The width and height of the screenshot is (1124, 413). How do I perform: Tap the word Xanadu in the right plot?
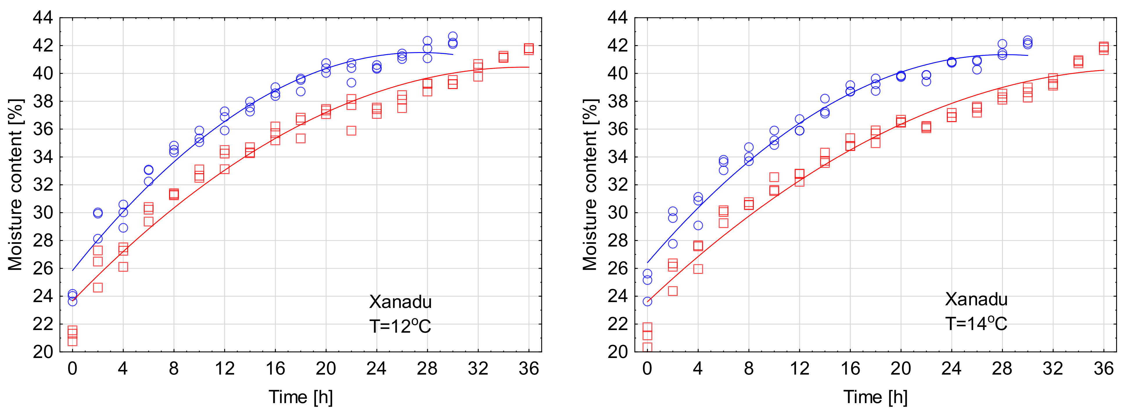click(976, 299)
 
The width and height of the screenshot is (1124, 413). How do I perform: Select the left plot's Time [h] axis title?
click(301, 397)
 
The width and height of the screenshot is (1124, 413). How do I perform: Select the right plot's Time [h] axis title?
click(875, 397)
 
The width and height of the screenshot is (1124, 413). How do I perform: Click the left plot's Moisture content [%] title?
click(15, 185)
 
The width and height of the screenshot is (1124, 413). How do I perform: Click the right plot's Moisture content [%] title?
click(590, 185)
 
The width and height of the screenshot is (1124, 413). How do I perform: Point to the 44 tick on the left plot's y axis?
click(43, 18)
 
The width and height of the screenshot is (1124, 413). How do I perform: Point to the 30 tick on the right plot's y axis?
click(617, 213)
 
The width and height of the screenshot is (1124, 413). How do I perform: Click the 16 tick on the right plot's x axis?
click(850, 369)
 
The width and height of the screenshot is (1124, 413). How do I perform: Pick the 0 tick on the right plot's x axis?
click(647, 369)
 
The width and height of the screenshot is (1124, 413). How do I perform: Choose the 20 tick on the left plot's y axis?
click(43, 352)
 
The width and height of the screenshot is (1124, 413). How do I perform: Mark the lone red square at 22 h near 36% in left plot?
click(351, 131)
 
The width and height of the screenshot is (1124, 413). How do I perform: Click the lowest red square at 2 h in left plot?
click(98, 288)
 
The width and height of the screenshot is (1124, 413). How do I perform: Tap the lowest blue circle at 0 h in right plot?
click(647, 302)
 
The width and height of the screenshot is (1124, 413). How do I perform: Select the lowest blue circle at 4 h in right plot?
click(698, 226)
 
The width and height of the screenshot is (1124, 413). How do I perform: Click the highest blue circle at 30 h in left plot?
click(453, 36)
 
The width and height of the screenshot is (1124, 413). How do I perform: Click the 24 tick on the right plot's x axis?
click(951, 369)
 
